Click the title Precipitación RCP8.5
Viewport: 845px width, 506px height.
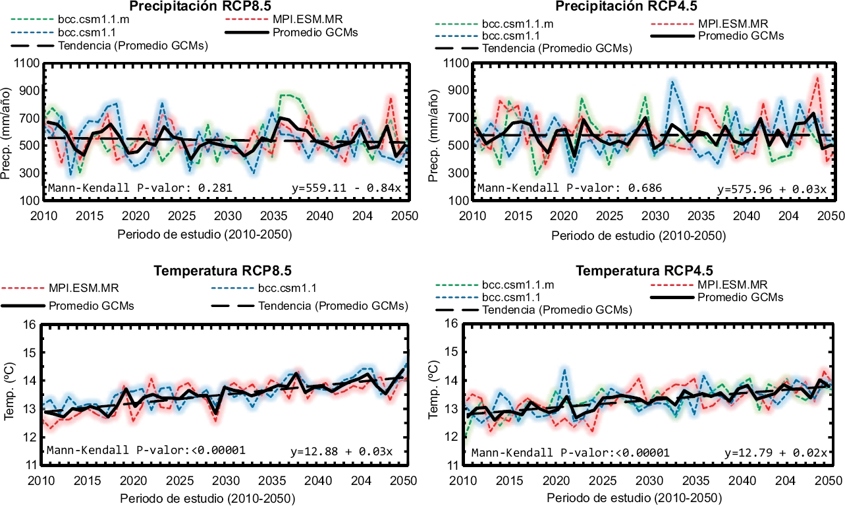coord(211,7)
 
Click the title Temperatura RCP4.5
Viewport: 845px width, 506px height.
coord(644,271)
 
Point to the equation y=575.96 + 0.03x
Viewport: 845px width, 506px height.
coord(772,189)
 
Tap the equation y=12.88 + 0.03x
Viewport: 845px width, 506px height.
coord(342,452)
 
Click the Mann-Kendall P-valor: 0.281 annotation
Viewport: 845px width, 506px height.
coord(139,188)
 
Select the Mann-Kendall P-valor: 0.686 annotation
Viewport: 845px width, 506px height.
coord(570,188)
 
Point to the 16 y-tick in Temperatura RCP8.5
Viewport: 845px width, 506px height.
coord(30,324)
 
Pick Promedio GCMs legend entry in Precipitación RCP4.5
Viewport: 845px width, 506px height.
coord(741,36)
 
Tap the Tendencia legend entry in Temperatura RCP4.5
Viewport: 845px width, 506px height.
coord(557,310)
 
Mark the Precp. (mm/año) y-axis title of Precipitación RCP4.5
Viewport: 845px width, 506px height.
coord(443,132)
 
